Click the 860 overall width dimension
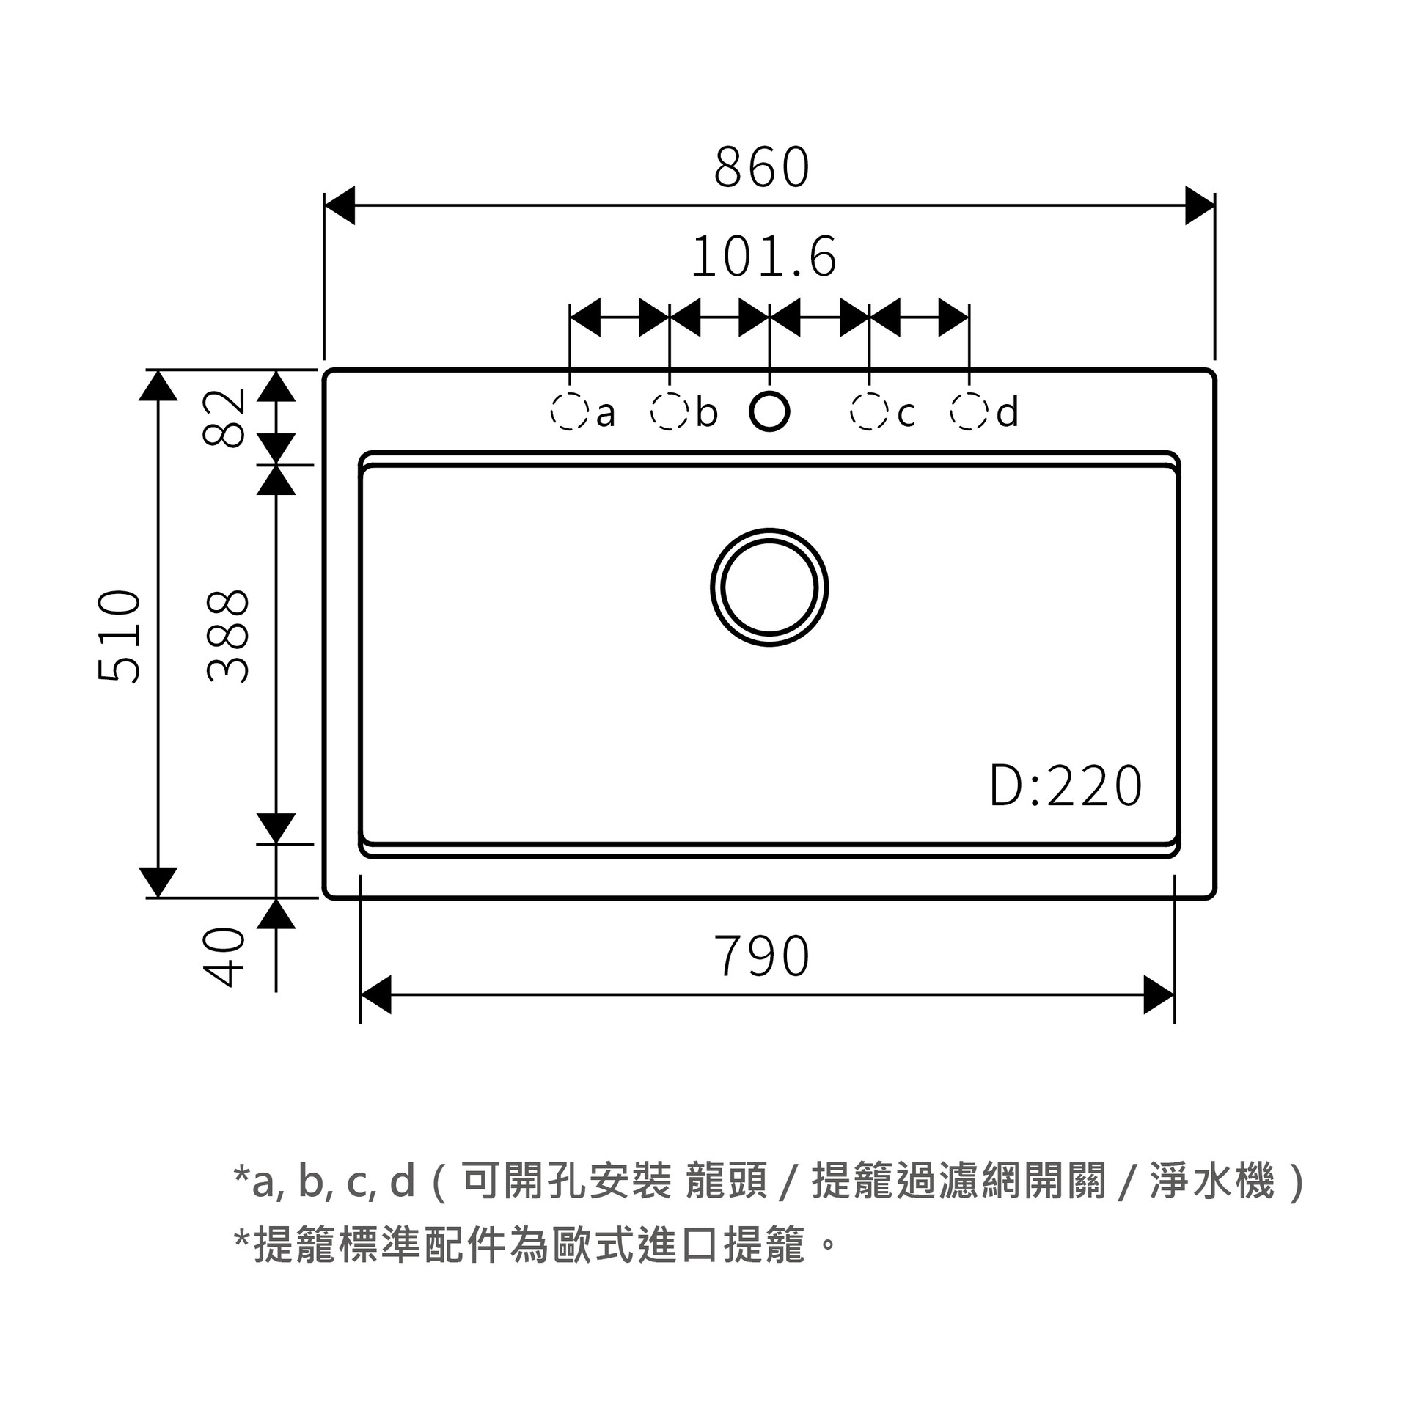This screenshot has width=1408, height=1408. [x=762, y=166]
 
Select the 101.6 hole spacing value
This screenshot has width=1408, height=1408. [x=763, y=257]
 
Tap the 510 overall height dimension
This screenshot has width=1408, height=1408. [x=120, y=636]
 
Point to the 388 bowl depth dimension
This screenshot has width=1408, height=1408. [x=228, y=636]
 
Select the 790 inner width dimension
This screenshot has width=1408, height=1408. [x=762, y=956]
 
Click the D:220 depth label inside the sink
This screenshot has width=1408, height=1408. [x=1066, y=785]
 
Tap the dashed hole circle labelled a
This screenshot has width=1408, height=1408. [x=570, y=411]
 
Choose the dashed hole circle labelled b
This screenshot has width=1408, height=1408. [x=670, y=411]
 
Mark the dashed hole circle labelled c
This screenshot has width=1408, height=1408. [x=869, y=411]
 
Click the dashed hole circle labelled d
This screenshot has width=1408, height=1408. [x=969, y=411]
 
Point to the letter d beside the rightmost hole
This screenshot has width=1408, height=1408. [x=1008, y=411]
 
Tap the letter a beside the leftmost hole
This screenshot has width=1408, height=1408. [x=606, y=415]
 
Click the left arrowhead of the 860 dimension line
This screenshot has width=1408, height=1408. [x=340, y=205]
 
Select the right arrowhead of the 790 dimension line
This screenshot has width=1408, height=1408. [x=1159, y=995]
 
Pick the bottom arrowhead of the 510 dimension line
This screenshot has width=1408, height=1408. [x=158, y=882]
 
